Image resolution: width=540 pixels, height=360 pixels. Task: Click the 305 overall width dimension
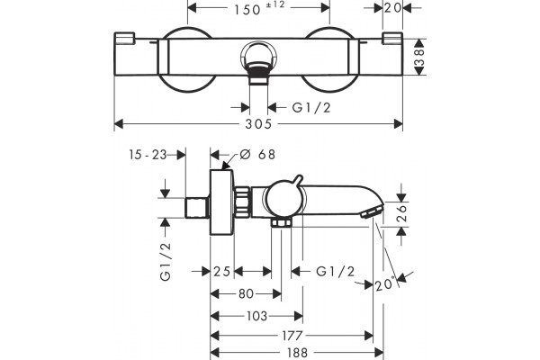[x=258, y=124]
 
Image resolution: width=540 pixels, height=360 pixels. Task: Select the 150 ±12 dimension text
[x=259, y=8]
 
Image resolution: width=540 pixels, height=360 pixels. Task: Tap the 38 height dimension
[x=418, y=57]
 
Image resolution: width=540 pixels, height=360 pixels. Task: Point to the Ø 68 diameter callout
[x=257, y=155]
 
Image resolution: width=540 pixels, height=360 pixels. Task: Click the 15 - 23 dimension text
[x=148, y=155]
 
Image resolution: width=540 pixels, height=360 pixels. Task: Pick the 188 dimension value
[x=297, y=353]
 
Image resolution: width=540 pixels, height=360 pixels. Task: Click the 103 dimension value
[x=256, y=316]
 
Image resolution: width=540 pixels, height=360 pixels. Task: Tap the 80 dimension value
[x=246, y=294]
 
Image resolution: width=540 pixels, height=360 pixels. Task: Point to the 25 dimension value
[x=221, y=272]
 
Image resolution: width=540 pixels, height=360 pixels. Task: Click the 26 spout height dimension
[x=402, y=214]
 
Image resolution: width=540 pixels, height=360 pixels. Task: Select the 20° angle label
[x=384, y=284]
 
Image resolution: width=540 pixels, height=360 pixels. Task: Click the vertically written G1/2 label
[x=166, y=262]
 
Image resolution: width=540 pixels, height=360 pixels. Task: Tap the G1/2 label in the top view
[x=311, y=108]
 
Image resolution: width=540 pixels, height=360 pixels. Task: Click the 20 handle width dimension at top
[x=392, y=7]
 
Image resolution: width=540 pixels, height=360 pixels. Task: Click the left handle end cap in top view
[x=124, y=38]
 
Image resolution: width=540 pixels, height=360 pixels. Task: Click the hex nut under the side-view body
[x=282, y=222]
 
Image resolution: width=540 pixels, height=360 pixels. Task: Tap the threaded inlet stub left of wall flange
[x=197, y=208]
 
